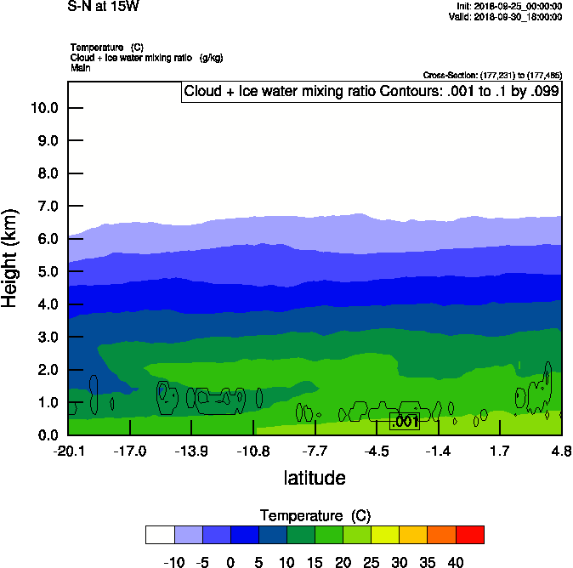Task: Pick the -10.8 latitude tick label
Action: point(253,450)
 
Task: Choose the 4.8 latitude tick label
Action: point(561,450)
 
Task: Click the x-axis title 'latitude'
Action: point(315,478)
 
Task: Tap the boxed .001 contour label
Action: point(405,421)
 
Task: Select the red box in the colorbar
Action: point(470,535)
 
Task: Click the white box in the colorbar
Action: point(160,535)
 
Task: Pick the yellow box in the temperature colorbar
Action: point(386,535)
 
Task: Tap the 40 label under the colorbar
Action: point(456,562)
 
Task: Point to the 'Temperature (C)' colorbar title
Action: point(315,516)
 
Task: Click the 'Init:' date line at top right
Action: point(509,7)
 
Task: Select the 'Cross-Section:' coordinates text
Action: point(491,76)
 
